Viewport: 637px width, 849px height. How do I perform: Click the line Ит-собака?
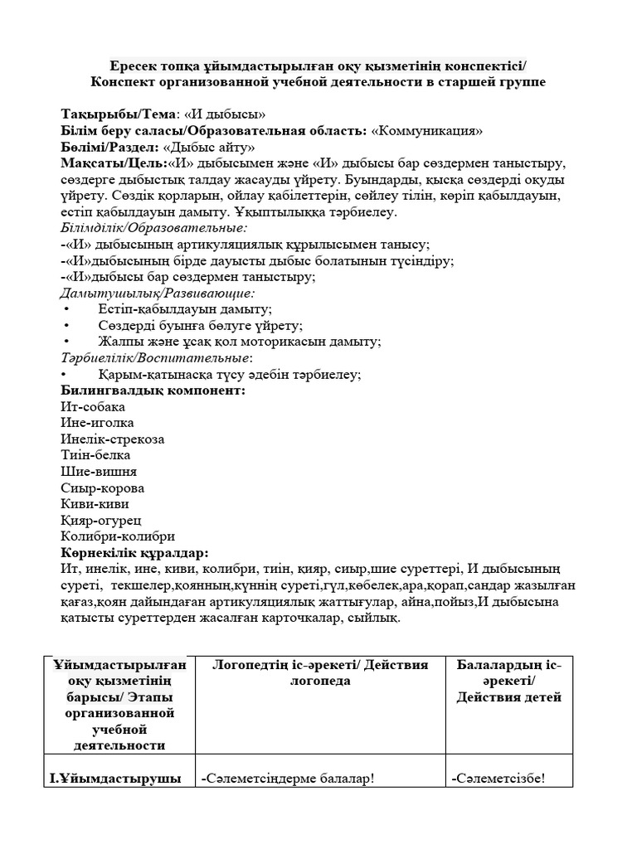pyautogui.click(x=92, y=407)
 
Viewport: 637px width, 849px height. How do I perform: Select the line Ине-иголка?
pyautogui.click(x=97, y=423)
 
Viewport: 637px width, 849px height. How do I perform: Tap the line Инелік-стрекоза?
pyautogui.click(x=112, y=439)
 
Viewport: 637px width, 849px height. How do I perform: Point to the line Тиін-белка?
pyautogui.click(x=95, y=455)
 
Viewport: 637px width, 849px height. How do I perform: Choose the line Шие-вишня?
pyautogui.click(x=99, y=472)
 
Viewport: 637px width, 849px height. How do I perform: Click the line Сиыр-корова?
pyautogui.click(x=102, y=488)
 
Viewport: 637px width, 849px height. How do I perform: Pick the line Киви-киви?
pyautogui.click(x=95, y=503)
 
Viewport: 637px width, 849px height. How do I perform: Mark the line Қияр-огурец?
pyautogui.click(x=101, y=520)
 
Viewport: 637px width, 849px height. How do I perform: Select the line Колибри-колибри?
pyautogui.click(x=118, y=536)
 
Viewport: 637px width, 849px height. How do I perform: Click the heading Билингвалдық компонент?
pyautogui.click(x=153, y=391)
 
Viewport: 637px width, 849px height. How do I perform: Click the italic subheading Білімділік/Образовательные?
pyautogui.click(x=154, y=228)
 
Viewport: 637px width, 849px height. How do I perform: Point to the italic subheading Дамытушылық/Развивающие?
pyautogui.click(x=158, y=293)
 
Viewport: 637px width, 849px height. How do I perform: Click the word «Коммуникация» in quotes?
pyautogui.click(x=426, y=131)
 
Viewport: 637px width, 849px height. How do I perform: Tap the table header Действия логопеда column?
pyautogui.click(x=320, y=673)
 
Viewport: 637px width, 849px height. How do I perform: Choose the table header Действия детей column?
pyautogui.click(x=508, y=682)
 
